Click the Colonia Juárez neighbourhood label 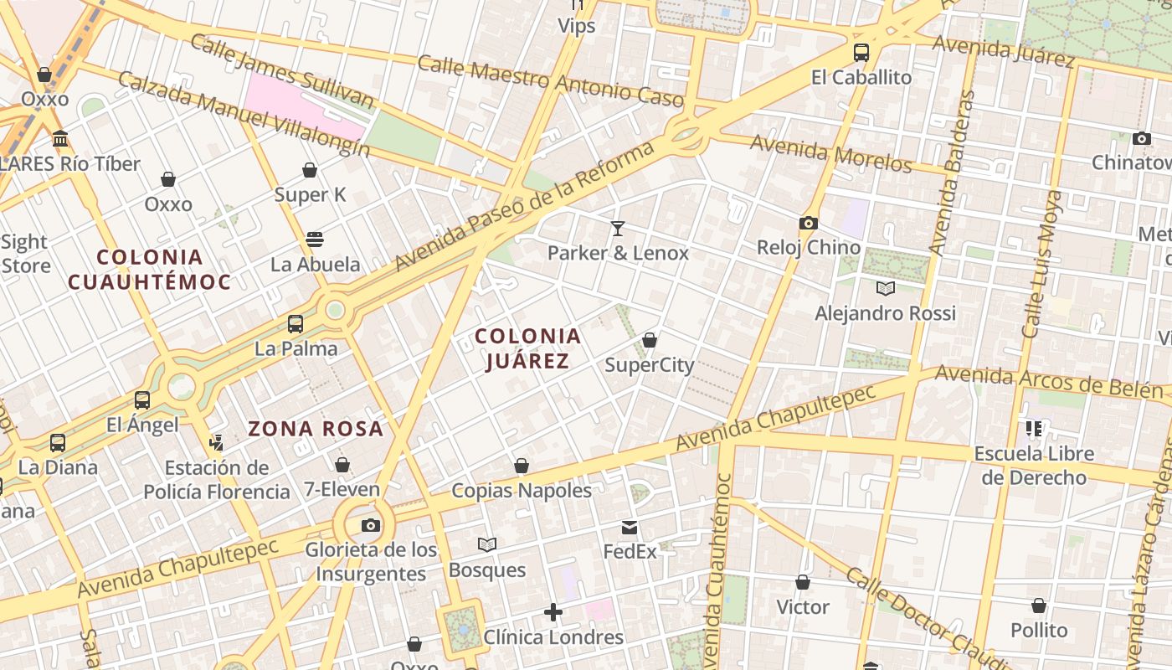pyautogui.click(x=527, y=348)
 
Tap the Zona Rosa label pyautogui.click(x=316, y=429)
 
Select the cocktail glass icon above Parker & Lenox pyautogui.click(x=618, y=228)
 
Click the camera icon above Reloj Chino pyautogui.click(x=808, y=223)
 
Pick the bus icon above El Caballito pyautogui.click(x=861, y=52)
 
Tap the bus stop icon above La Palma pyautogui.click(x=296, y=323)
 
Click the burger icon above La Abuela pyautogui.click(x=315, y=240)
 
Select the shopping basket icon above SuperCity pyautogui.click(x=649, y=340)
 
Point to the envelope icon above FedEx pyautogui.click(x=630, y=528)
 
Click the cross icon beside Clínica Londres pyautogui.click(x=553, y=612)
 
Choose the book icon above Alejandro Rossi pyautogui.click(x=885, y=289)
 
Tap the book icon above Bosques pyautogui.click(x=487, y=545)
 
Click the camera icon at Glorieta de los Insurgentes pyautogui.click(x=370, y=525)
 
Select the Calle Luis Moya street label pyautogui.click(x=1042, y=264)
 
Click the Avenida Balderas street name pyautogui.click(x=954, y=173)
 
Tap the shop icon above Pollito pyautogui.click(x=1039, y=605)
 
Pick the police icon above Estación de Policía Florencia pyautogui.click(x=217, y=441)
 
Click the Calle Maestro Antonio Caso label pyautogui.click(x=550, y=81)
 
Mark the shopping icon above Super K pyautogui.click(x=310, y=170)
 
